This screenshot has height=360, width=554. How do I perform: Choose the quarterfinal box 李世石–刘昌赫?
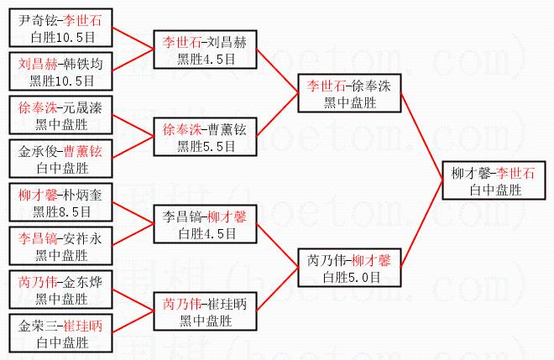point(203,50)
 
